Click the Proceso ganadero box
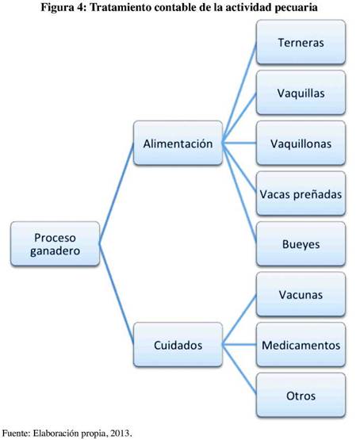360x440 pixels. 55,244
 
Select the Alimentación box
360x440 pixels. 178,143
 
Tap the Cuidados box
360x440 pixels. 178,345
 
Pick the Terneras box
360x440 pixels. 301,42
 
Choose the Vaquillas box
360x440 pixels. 301,93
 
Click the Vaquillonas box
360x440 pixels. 301,143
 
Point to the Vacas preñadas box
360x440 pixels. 301,193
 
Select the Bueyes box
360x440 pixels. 301,244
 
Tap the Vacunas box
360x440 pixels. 301,294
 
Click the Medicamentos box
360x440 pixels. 301,345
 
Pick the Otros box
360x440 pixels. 301,395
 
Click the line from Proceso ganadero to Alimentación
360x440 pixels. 117,193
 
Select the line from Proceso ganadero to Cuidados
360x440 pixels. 117,294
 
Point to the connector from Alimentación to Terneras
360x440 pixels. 239,93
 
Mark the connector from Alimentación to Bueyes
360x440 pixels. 239,193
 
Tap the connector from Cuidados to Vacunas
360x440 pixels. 239,319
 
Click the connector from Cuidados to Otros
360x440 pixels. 239,370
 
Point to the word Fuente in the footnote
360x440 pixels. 15,433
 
